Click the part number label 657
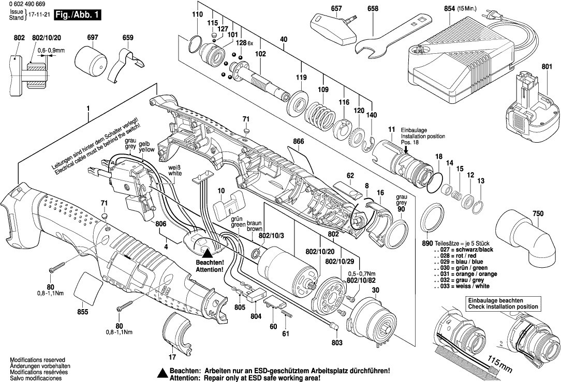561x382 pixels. [x=336, y=9]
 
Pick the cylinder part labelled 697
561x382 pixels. [x=92, y=62]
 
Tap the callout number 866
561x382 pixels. [x=298, y=141]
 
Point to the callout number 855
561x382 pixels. [x=82, y=312]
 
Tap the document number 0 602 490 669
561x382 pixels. [x=27, y=4]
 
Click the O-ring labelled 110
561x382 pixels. [x=196, y=43]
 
